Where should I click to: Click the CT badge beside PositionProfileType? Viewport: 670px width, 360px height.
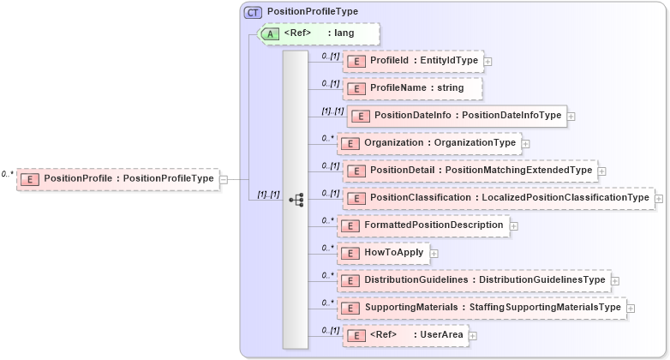[x=253, y=12]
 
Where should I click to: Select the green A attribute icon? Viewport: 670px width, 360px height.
[x=271, y=33]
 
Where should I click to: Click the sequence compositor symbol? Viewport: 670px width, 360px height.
[x=296, y=199]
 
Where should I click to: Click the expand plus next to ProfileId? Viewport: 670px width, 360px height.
[x=488, y=62]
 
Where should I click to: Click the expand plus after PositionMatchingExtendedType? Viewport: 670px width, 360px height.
[x=602, y=171]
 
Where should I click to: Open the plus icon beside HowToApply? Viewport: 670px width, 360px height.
[x=434, y=254]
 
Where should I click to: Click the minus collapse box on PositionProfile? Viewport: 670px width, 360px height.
[x=223, y=179]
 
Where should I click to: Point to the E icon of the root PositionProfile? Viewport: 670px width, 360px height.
[x=30, y=179]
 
